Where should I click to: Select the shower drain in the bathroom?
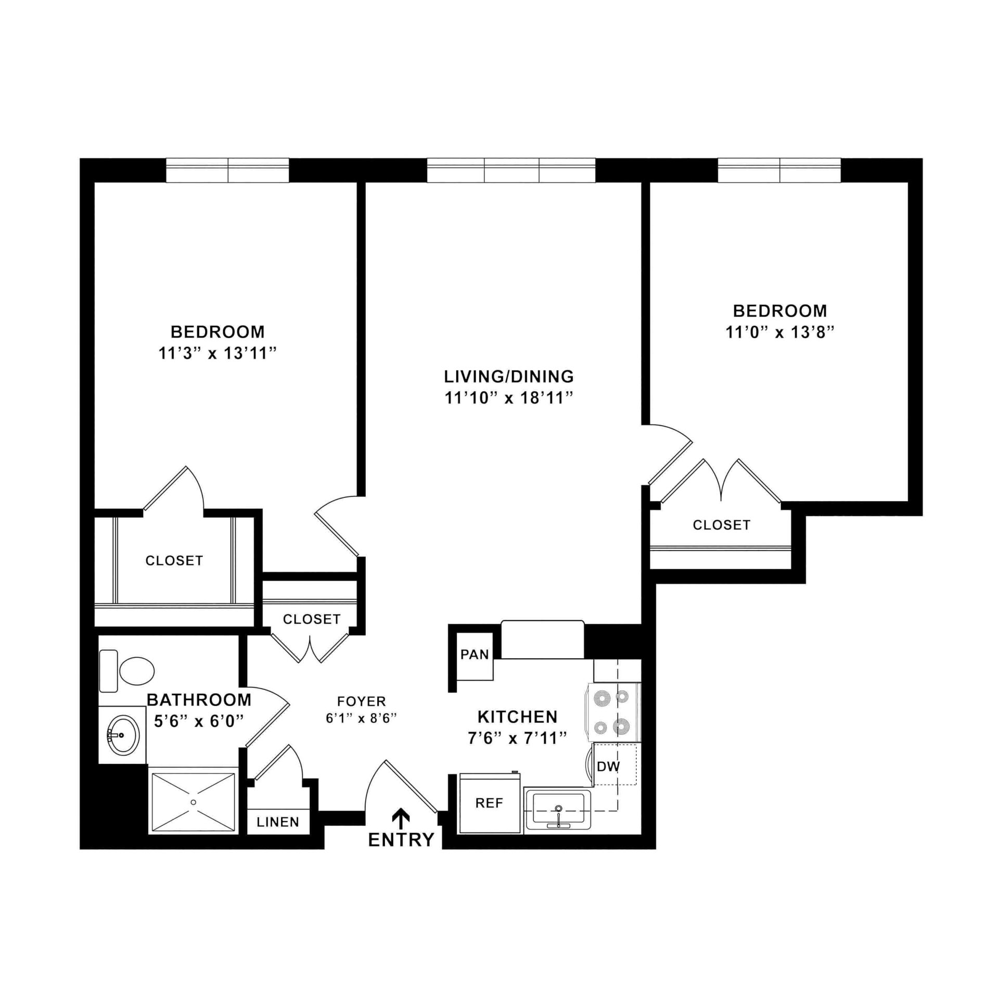(194, 802)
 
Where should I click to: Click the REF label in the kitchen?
(489, 803)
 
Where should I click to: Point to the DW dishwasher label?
(608, 766)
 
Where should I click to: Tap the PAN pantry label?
(475, 654)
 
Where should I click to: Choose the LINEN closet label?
(278, 822)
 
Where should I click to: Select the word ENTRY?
(401, 839)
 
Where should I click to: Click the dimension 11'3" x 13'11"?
(217, 354)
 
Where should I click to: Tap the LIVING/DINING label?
(508, 376)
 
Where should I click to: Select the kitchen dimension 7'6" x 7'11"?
(517, 738)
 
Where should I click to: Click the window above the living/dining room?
(511, 171)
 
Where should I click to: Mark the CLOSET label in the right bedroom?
(721, 525)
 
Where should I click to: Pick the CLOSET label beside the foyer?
(311, 619)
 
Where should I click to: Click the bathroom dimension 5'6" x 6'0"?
(199, 721)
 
